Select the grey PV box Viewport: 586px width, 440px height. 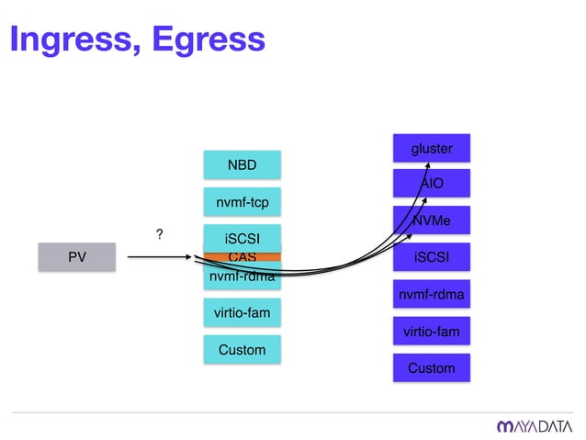point(78,257)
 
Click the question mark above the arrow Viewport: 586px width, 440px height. point(159,236)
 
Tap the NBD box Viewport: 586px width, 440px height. point(242,165)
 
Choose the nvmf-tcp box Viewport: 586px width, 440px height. point(242,200)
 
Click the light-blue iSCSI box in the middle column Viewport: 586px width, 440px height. point(242,238)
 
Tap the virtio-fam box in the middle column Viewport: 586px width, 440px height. point(242,313)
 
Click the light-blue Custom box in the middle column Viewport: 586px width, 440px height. point(242,349)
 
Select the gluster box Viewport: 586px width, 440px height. point(431,148)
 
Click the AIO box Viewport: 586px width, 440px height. point(431,184)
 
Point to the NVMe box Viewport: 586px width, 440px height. point(431,220)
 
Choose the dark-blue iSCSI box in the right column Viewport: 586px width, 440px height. point(431,257)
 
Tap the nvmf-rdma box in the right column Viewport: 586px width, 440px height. point(431,294)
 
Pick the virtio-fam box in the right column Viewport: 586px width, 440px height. point(431,331)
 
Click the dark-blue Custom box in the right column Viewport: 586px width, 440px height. point(431,367)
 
